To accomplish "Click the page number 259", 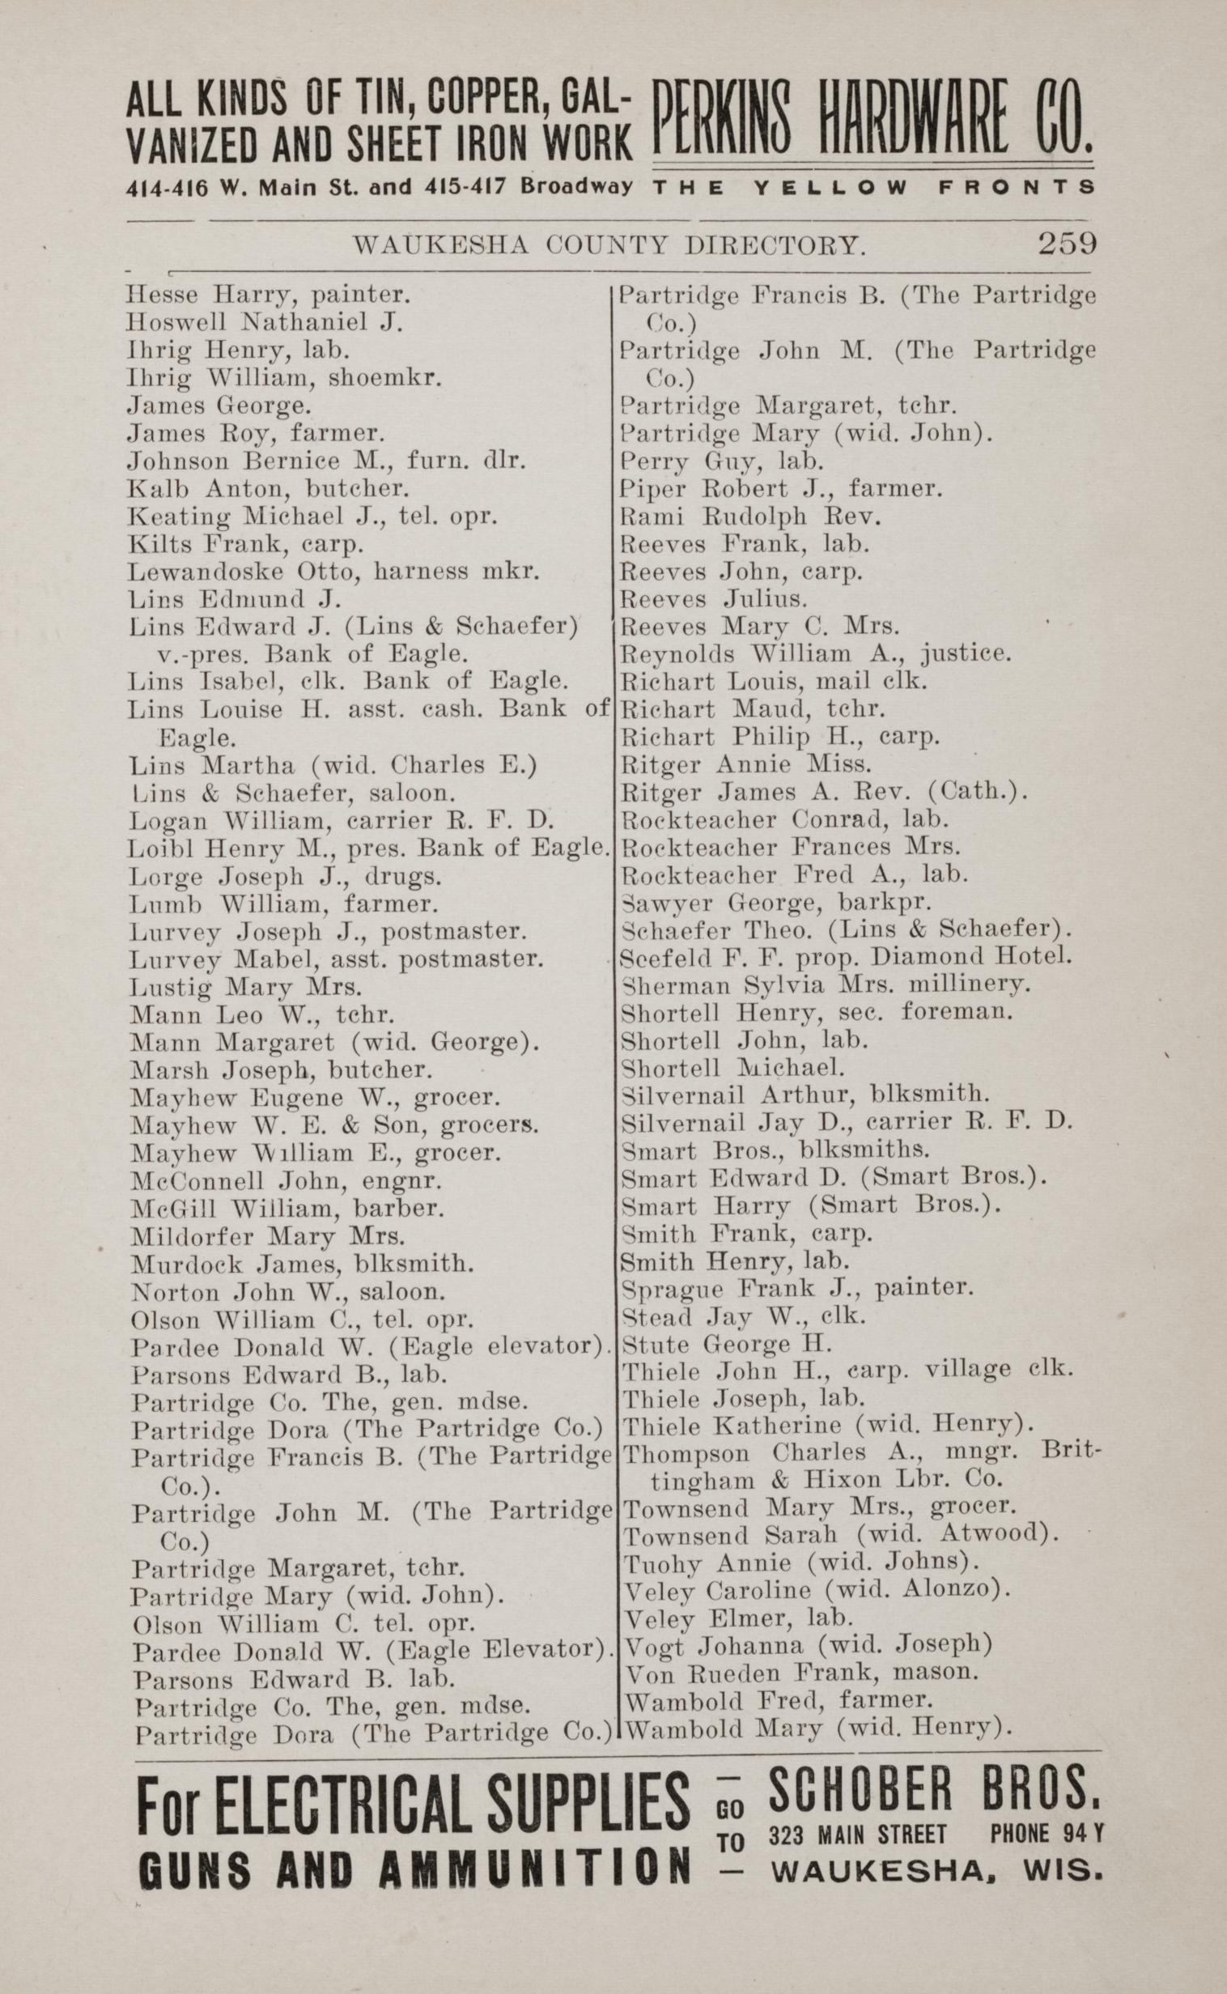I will coord(1067,243).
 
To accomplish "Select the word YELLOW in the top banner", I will coord(830,188).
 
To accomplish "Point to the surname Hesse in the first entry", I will coord(156,294).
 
